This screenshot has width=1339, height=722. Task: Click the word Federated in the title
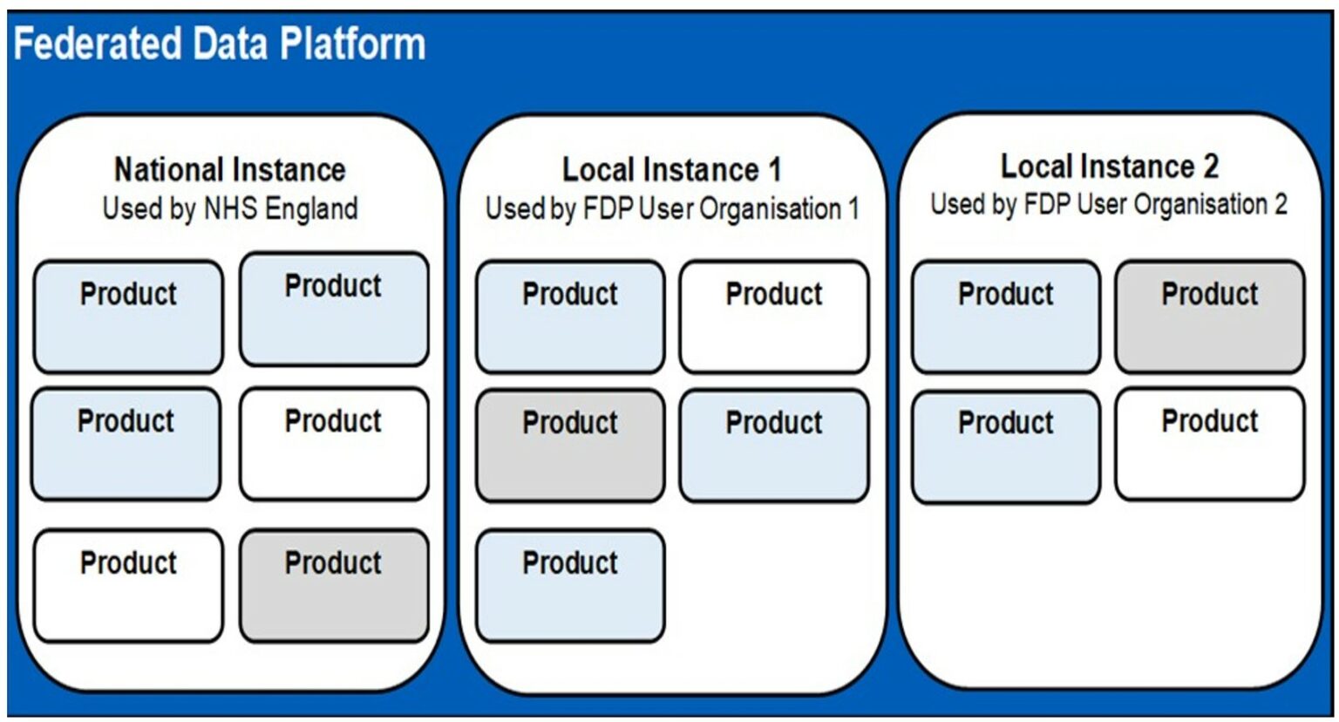(x=97, y=44)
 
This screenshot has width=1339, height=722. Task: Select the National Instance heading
(x=230, y=169)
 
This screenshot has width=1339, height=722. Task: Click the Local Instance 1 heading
(x=671, y=169)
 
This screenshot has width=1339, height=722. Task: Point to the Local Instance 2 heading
(x=1109, y=166)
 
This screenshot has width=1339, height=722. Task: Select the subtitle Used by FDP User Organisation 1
(x=672, y=209)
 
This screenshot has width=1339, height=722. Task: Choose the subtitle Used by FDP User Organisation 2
(x=1109, y=205)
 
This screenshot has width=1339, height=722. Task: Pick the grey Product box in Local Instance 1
(x=570, y=446)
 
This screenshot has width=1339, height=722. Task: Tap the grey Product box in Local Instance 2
(x=1210, y=317)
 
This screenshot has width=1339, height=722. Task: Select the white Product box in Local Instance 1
(x=774, y=317)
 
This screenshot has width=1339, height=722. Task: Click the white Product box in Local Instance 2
(x=1210, y=445)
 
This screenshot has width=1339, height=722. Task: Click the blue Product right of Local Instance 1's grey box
(x=774, y=446)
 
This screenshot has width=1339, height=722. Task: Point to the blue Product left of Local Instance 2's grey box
(x=1006, y=317)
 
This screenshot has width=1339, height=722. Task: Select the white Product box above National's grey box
(x=334, y=444)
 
